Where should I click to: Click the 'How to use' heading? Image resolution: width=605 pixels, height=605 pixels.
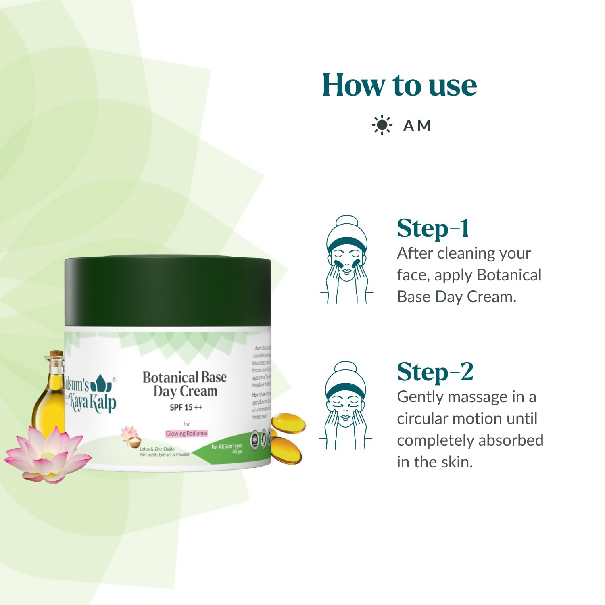tap(399, 85)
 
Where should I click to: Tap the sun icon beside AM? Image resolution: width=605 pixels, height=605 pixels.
tap(382, 125)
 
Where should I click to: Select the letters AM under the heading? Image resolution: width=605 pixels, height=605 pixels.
tap(417, 125)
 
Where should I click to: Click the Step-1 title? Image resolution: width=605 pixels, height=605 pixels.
tap(433, 228)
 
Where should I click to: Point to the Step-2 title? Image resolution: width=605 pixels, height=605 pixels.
tap(435, 372)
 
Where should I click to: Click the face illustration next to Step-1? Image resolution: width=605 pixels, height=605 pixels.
tap(346, 260)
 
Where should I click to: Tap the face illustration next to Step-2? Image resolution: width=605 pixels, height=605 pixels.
tap(346, 405)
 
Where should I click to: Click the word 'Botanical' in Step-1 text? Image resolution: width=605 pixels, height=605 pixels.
tap(509, 275)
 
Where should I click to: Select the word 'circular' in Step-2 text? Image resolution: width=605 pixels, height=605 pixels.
tap(422, 419)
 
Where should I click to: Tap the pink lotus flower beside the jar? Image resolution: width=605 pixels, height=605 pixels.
tap(48, 456)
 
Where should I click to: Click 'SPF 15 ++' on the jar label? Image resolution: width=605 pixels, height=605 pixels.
tap(186, 407)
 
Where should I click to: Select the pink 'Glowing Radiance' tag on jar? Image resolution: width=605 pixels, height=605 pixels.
tap(186, 434)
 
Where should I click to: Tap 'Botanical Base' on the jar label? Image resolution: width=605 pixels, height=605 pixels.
tap(185, 377)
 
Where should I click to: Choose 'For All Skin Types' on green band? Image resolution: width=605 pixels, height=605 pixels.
tap(226, 446)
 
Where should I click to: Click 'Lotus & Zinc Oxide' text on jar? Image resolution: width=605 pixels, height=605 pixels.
tap(157, 449)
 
